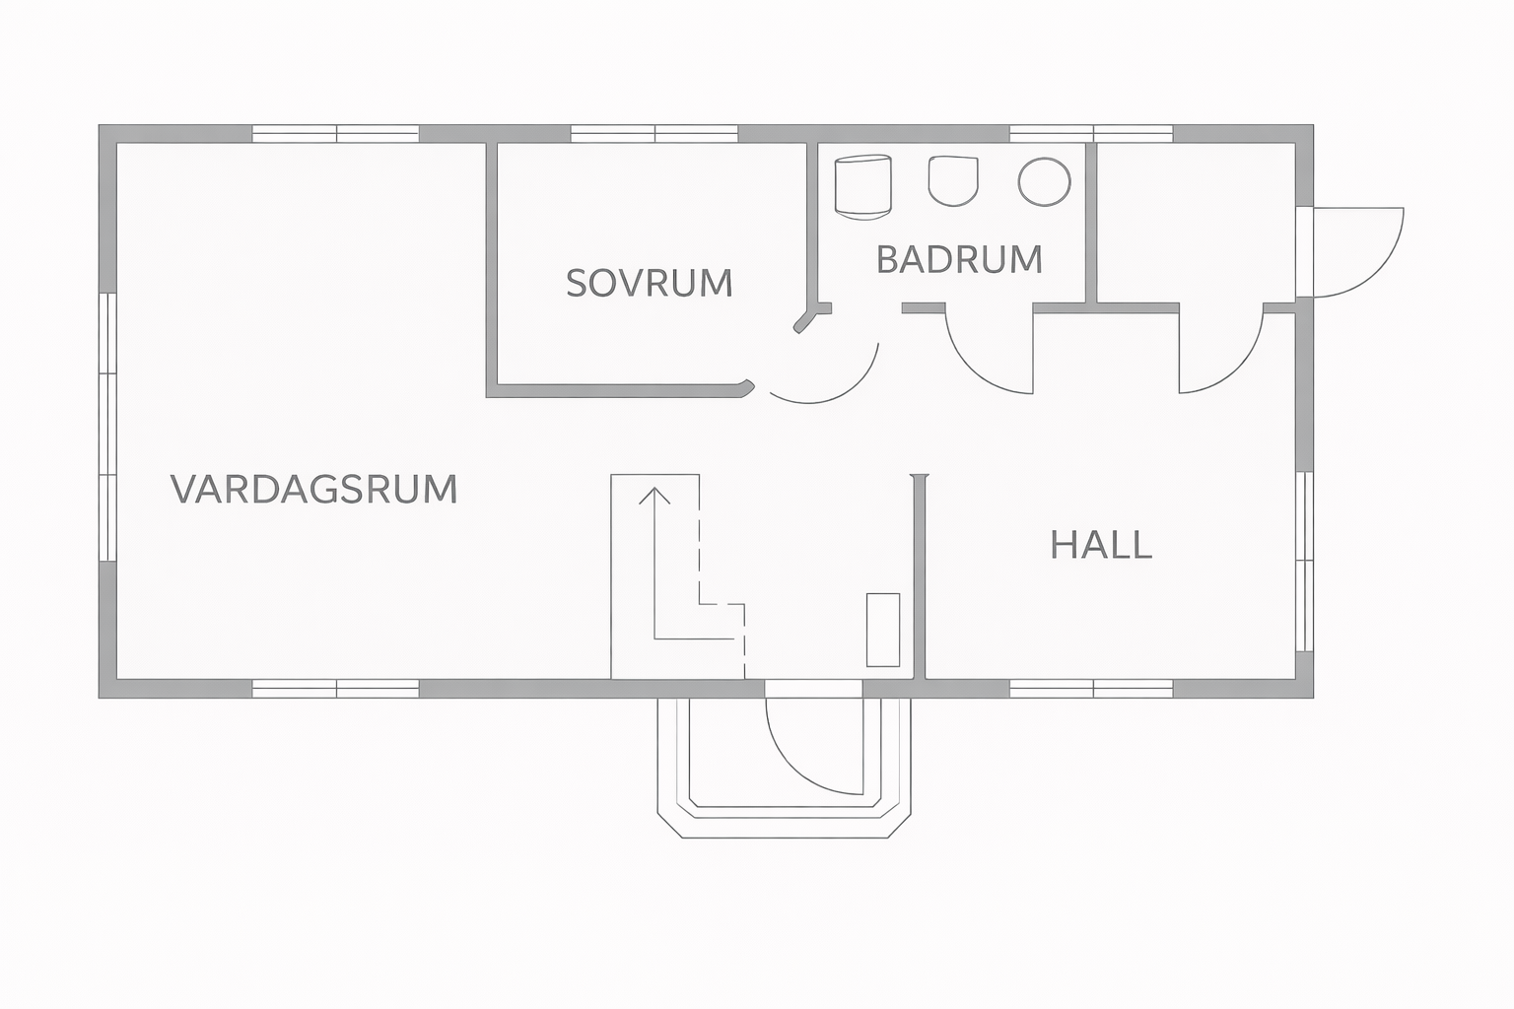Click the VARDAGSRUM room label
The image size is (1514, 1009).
[314, 489]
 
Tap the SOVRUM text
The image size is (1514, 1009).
[650, 283]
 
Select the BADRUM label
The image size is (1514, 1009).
[959, 259]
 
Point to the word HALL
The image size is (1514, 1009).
[1101, 545]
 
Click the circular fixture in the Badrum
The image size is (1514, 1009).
[1044, 181]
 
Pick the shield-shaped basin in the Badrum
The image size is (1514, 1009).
[953, 180]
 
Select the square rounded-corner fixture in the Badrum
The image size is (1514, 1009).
[863, 184]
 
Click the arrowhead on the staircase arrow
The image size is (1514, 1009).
[654, 495]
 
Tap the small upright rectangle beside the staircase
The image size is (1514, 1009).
[882, 630]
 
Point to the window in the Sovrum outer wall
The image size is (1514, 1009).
[654, 134]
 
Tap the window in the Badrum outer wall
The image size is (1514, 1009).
[1091, 134]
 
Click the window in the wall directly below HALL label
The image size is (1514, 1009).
[1091, 688]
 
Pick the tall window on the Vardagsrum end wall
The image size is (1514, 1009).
[107, 427]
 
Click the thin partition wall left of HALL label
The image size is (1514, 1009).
[923, 576]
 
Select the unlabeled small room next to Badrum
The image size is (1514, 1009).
[1195, 222]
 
